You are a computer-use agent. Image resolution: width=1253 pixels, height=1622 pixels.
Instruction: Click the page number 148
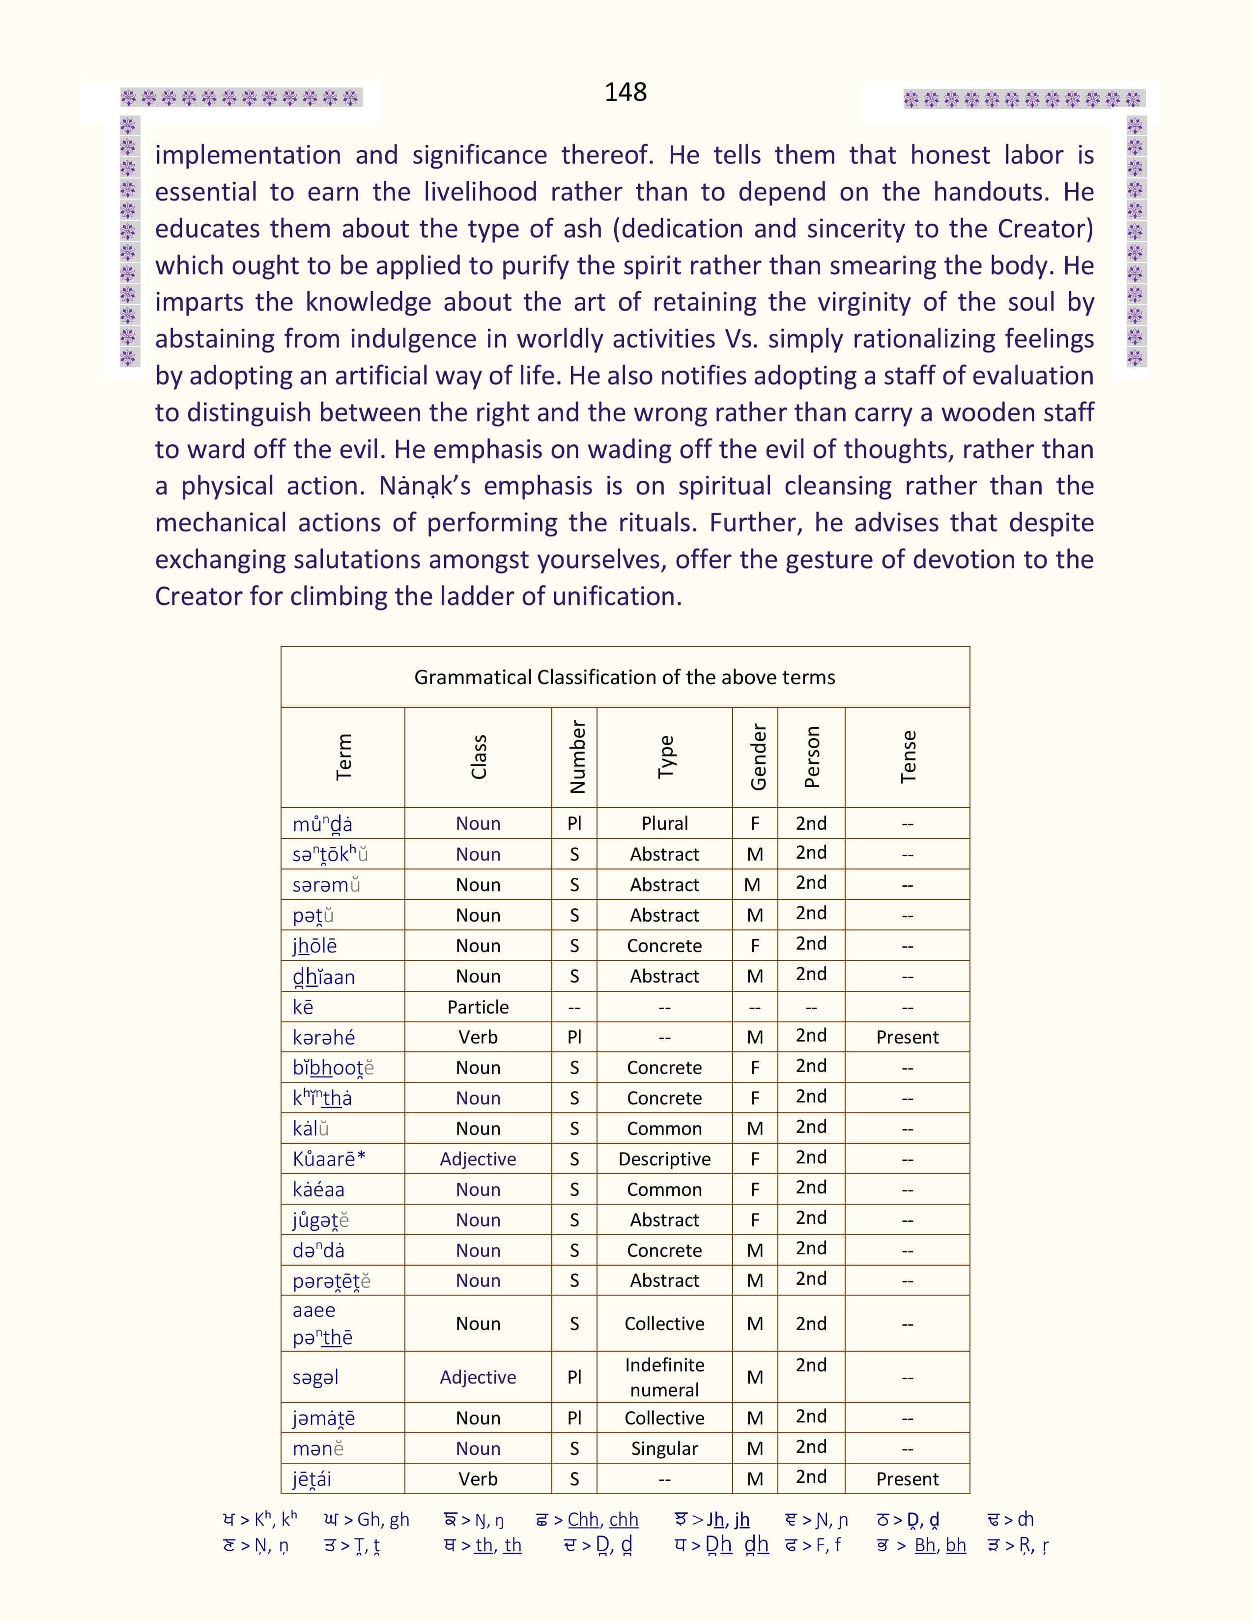(625, 92)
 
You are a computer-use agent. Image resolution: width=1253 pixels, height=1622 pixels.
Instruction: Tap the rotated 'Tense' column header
(908, 757)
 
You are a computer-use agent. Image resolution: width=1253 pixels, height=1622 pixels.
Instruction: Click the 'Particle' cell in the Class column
(478, 1007)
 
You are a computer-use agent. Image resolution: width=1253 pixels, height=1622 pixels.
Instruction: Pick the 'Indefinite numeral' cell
(664, 1377)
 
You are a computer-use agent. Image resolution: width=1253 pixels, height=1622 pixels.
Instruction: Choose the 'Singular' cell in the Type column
(664, 1448)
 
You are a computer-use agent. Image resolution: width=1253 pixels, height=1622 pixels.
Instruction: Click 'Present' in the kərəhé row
(907, 1038)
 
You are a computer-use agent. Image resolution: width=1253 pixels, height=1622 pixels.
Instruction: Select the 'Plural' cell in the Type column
(664, 824)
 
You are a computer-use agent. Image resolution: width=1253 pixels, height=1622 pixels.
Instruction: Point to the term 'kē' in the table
(303, 1007)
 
